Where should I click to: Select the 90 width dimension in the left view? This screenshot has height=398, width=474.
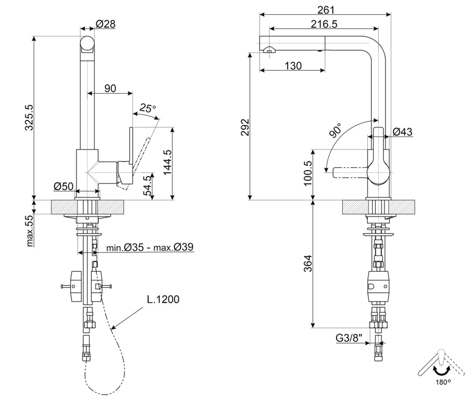coord(110,88)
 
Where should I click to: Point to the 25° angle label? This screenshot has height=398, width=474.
coord(148,107)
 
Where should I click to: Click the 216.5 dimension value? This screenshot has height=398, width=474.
coord(325,23)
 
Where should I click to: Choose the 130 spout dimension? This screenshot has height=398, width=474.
coord(292,66)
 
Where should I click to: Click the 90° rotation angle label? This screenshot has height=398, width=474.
coord(335,131)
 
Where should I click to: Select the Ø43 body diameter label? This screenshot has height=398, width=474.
coord(403,132)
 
